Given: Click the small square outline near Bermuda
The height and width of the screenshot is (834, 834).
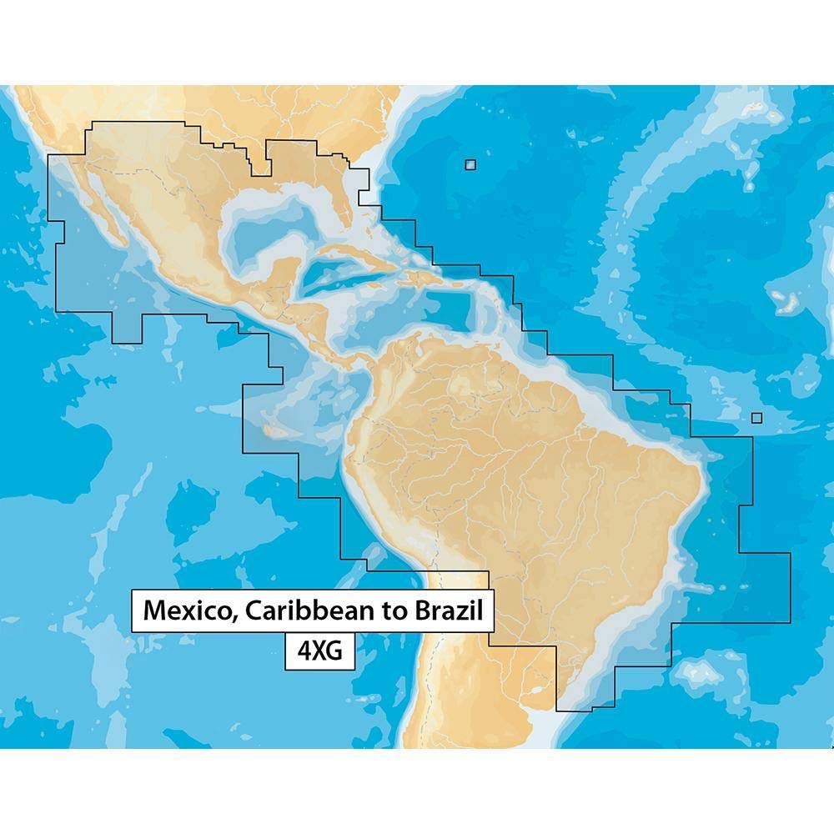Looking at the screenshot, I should (471, 164).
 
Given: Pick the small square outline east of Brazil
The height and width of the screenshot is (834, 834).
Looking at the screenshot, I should (756, 419).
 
